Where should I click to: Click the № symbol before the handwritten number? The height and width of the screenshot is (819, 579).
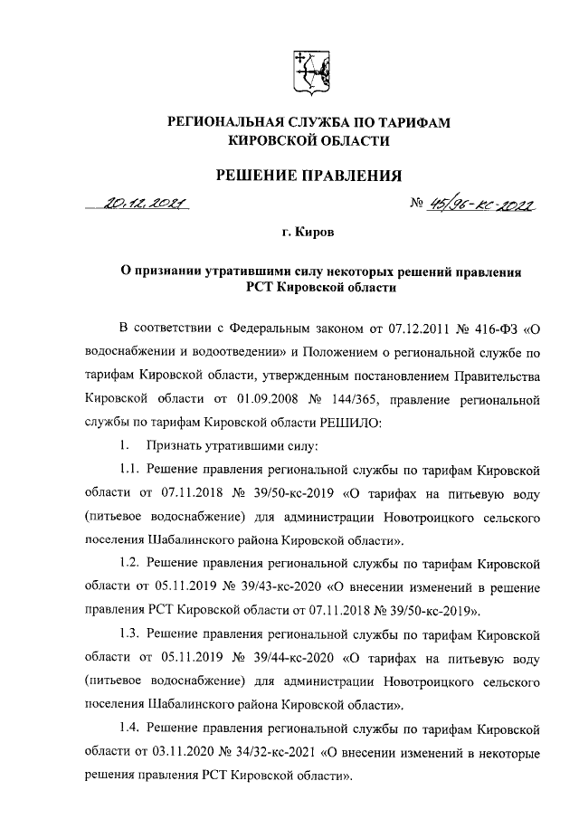[419, 206]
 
